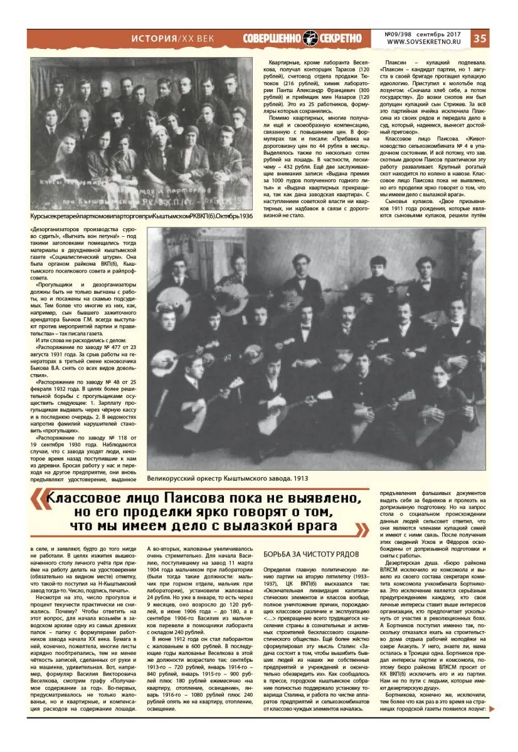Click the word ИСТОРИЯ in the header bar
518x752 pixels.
(x=153, y=38)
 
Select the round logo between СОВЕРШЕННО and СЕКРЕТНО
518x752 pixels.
(x=311, y=38)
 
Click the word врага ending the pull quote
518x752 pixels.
(x=315, y=526)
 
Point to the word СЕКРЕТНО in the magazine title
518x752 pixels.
(x=341, y=38)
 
